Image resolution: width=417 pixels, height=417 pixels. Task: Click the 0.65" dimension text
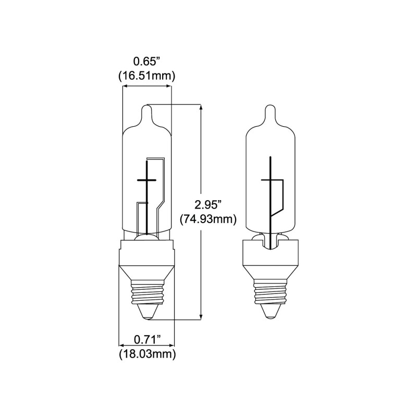pos(146,61)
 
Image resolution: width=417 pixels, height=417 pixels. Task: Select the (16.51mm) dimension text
pos(146,76)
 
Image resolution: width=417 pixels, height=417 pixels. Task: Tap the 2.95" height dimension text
pos(207,203)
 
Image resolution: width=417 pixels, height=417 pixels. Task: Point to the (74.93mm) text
pos(208,219)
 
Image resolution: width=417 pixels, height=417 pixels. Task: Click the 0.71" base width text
pos(146,340)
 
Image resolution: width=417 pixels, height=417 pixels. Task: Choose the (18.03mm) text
pos(146,355)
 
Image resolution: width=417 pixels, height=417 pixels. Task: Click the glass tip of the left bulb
pos(146,112)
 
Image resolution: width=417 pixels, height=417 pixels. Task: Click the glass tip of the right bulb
pos(271,113)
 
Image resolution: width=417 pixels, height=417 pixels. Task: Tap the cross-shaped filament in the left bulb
pos(146,180)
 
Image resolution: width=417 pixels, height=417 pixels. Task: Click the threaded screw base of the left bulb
pos(146,294)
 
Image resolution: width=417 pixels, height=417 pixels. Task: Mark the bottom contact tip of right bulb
pos(271,311)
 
